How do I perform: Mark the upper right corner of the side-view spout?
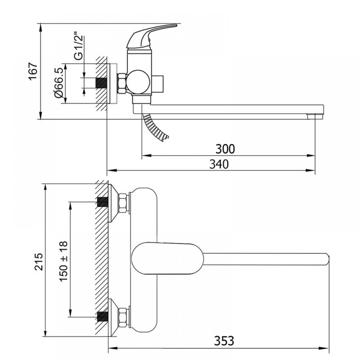click(x=324, y=105)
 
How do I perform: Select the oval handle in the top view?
click(x=168, y=258)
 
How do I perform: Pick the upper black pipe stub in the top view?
click(x=103, y=202)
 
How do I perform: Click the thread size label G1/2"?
click(x=79, y=48)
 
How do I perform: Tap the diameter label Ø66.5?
click(x=59, y=83)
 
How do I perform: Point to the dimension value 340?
click(x=219, y=165)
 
